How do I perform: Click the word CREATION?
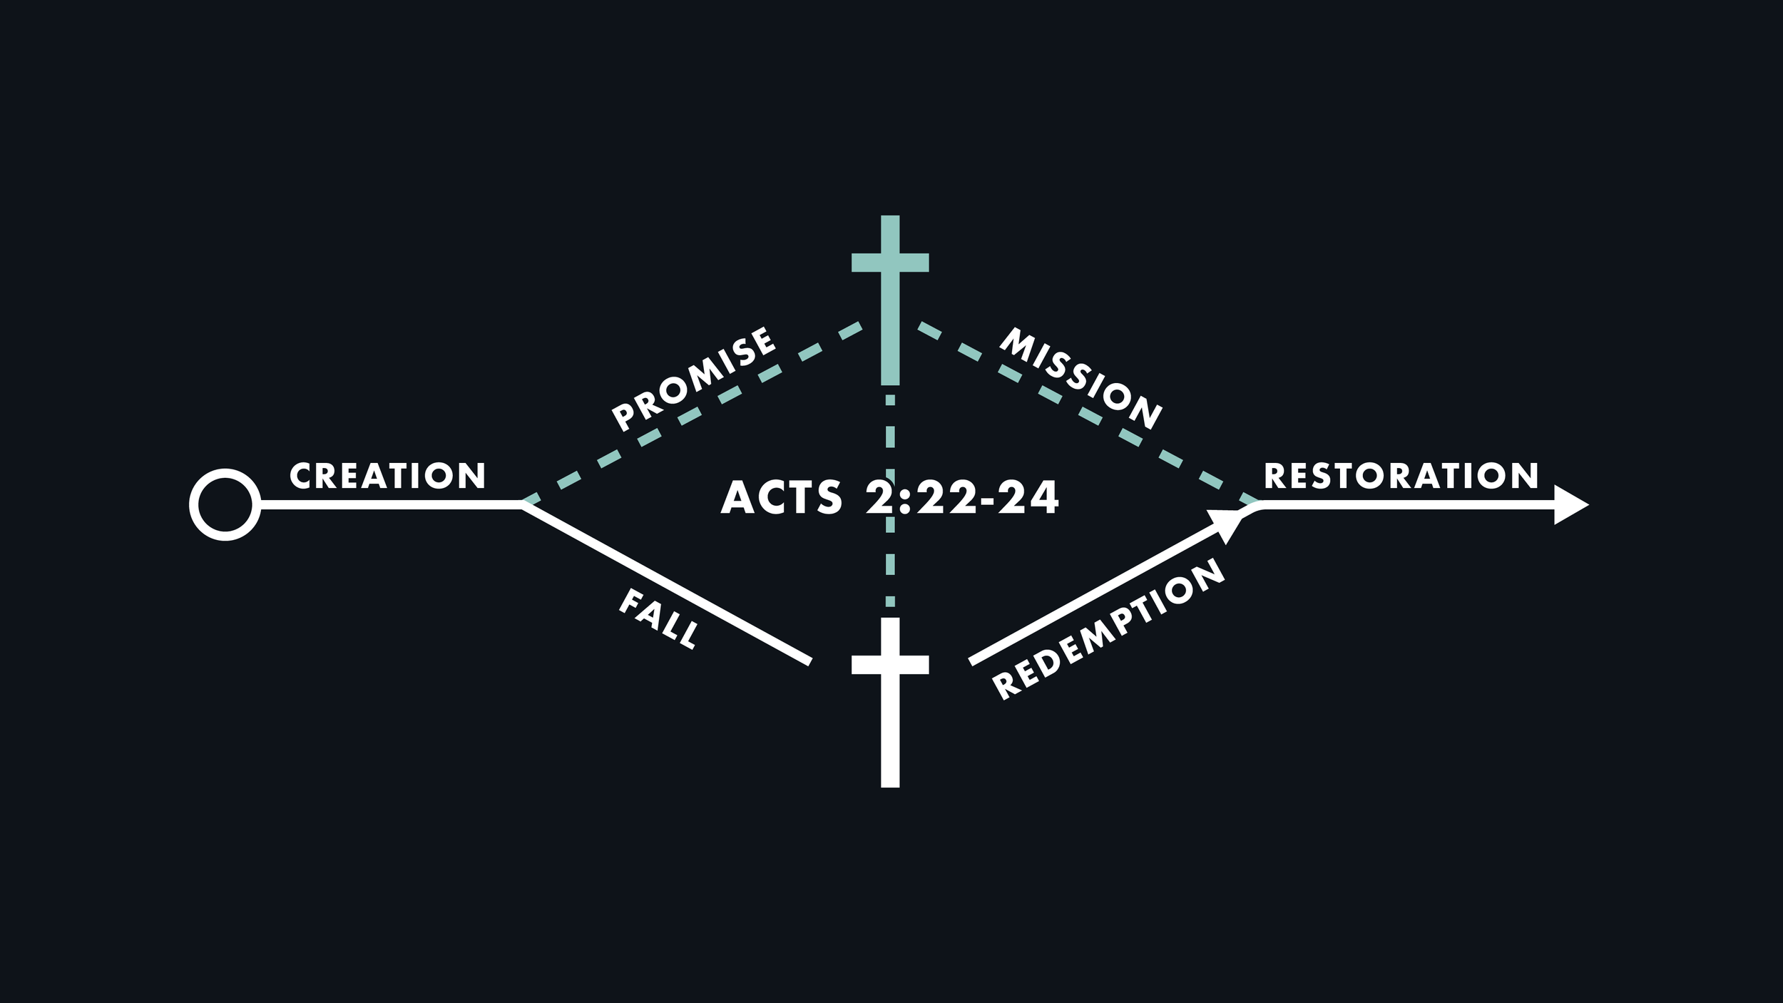(387, 476)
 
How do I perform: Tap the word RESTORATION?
(1401, 476)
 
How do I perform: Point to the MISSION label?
(1080, 379)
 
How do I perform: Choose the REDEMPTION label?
(1108, 628)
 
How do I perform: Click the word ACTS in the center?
(782, 497)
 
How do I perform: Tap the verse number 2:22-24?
(962, 497)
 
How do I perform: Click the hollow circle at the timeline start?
(225, 504)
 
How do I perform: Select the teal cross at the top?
(890, 300)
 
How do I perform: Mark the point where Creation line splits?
(523, 504)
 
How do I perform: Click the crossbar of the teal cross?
(890, 263)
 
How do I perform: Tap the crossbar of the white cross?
(890, 664)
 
